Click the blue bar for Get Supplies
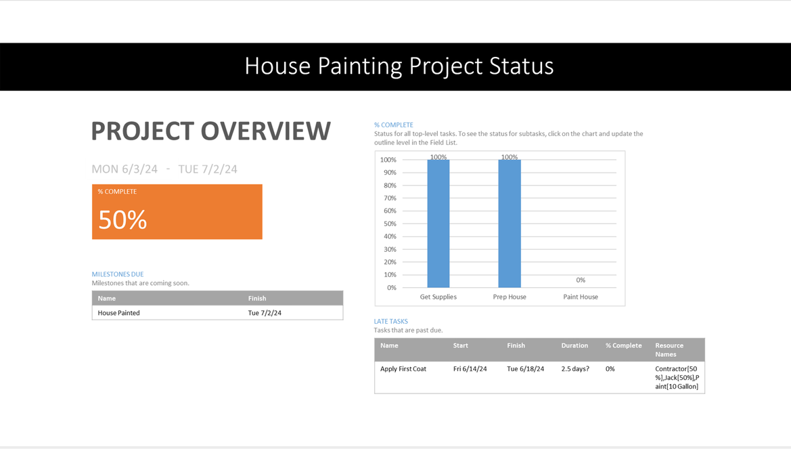click(x=438, y=223)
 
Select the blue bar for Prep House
click(x=510, y=223)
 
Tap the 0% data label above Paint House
click(x=581, y=280)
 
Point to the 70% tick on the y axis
click(x=390, y=198)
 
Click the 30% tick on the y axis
click(x=390, y=249)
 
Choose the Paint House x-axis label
click(x=581, y=297)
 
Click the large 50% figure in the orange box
click(x=122, y=219)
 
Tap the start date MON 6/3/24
click(x=125, y=169)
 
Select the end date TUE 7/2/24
click(x=208, y=169)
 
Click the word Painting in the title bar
click(x=360, y=66)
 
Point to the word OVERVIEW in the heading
click(x=266, y=131)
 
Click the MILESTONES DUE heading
click(x=118, y=274)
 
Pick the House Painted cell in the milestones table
click(x=118, y=313)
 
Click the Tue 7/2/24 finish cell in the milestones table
click(x=265, y=313)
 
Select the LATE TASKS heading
click(x=391, y=321)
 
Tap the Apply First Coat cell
click(x=403, y=368)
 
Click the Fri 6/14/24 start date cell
click(x=470, y=368)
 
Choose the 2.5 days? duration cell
click(x=575, y=368)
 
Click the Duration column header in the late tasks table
click(x=574, y=345)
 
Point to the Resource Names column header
click(x=669, y=350)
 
